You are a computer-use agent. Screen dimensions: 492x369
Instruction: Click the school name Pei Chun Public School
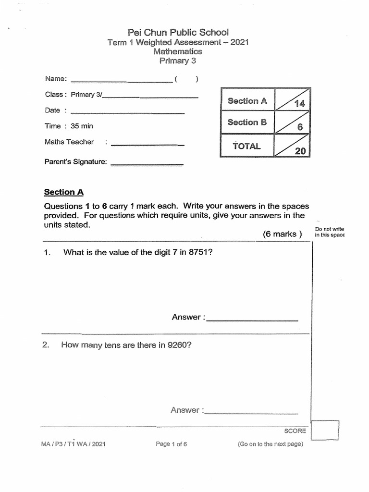pos(178,32)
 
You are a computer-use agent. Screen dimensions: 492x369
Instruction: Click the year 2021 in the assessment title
pos(240,42)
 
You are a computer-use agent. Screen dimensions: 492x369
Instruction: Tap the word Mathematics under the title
pos(178,51)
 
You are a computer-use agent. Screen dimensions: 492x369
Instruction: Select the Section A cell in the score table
pos(247,101)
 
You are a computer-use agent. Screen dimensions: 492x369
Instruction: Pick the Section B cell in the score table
pos(247,122)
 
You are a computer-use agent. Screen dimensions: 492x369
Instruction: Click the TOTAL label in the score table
pos(247,146)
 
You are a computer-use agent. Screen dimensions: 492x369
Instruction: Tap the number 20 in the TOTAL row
pos(300,151)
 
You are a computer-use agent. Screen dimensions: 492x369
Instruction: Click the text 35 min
pos(82,126)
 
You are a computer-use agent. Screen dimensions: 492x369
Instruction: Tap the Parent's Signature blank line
pos(147,165)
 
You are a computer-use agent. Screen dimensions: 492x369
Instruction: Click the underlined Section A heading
pos(64,192)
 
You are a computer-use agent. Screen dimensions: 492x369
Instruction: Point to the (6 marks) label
pos(282,234)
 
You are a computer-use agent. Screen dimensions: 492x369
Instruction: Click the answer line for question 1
pos(252,320)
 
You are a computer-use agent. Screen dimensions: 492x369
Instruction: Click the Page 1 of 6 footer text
pos(171,444)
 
